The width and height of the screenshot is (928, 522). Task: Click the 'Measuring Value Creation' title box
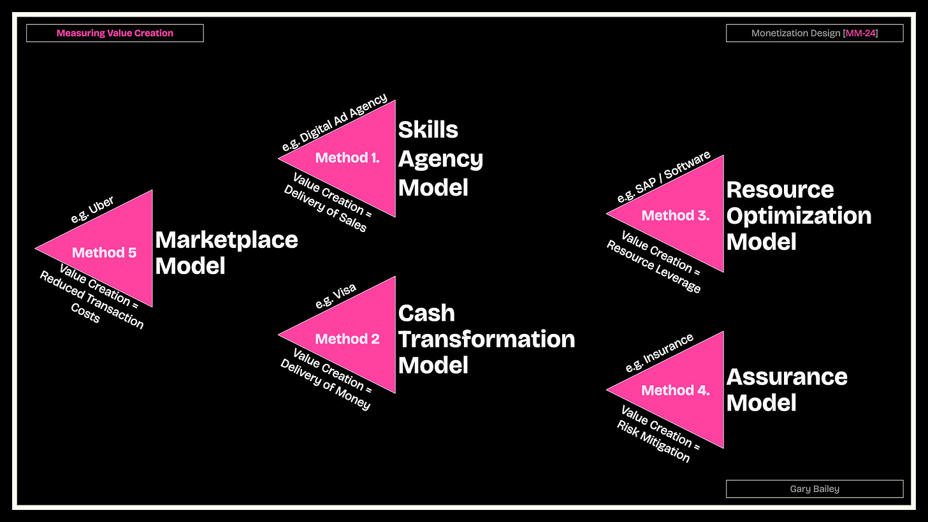[x=115, y=33]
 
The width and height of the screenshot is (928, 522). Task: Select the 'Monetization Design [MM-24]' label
[x=814, y=33]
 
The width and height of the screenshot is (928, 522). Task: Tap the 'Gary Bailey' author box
[x=814, y=489]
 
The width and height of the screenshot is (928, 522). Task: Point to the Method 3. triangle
[x=682, y=215]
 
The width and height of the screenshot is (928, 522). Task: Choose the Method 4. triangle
[x=682, y=390]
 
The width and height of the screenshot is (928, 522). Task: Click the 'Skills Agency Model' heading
[x=440, y=158]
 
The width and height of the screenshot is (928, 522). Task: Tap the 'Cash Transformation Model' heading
[x=486, y=338]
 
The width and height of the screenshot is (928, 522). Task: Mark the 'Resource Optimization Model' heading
[x=799, y=215]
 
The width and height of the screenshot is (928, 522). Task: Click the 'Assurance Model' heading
[x=787, y=389]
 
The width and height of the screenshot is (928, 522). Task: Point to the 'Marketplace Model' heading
[x=226, y=252]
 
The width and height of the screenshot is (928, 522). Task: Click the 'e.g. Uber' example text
[x=93, y=209]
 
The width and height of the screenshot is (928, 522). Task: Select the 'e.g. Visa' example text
[x=336, y=296]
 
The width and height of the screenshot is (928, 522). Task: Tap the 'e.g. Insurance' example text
[x=659, y=352]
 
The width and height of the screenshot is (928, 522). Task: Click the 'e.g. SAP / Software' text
[x=663, y=177]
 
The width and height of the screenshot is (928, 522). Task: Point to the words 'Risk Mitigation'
[x=653, y=441]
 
